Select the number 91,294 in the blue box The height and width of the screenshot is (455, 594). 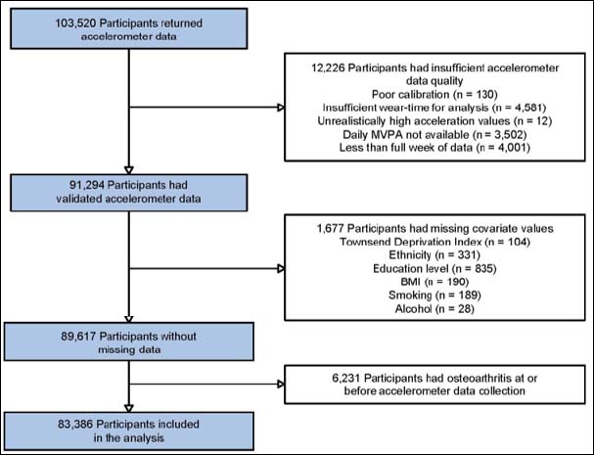(x=87, y=185)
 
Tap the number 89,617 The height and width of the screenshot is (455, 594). (x=79, y=337)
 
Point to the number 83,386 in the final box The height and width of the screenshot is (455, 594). (x=75, y=424)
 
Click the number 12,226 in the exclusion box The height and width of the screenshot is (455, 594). (x=329, y=68)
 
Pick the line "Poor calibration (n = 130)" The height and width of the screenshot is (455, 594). (x=434, y=94)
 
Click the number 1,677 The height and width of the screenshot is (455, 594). (x=331, y=228)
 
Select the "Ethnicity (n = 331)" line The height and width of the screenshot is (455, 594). (x=434, y=255)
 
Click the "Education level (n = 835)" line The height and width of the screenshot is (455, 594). (x=434, y=269)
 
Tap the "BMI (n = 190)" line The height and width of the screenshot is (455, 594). (x=434, y=282)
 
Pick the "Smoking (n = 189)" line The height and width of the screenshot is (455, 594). (x=434, y=296)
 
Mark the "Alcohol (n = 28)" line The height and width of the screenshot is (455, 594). (x=434, y=309)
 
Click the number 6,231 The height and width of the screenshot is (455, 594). (x=346, y=378)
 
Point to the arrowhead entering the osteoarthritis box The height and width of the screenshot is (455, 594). (x=281, y=385)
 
